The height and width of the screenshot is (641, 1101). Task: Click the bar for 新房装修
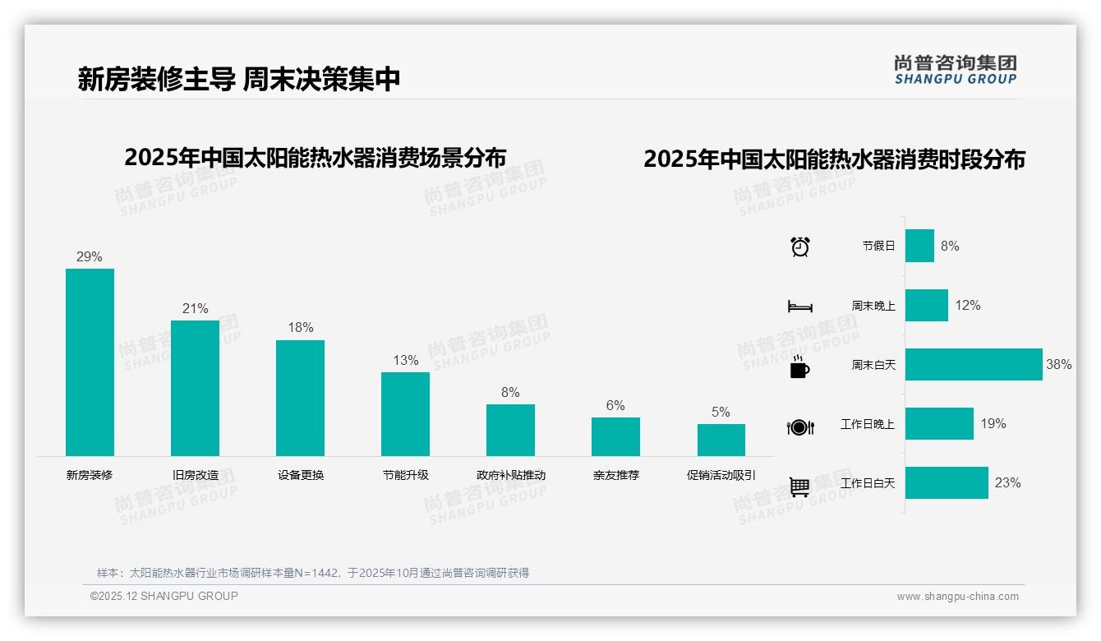90,362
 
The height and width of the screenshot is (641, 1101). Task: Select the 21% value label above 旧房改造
195,309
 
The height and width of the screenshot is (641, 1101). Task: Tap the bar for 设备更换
300,398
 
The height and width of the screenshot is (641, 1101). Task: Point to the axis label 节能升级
405,475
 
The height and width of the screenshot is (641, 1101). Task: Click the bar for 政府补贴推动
510,430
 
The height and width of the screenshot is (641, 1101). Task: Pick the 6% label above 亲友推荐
615,405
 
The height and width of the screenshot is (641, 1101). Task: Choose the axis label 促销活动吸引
721,475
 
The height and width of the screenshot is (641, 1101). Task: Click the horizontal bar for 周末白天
974,364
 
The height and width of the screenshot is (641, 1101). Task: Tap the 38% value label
1058,364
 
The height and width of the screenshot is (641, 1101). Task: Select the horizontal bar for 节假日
919,246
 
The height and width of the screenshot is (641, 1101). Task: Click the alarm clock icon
799,247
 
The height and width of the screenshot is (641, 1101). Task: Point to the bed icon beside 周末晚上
799,307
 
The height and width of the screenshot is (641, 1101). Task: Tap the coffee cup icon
799,367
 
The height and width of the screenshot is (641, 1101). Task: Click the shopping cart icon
799,487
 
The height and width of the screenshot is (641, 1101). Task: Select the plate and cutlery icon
799,427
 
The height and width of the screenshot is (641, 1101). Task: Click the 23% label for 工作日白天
1007,483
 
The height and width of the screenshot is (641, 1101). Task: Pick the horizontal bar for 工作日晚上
939,423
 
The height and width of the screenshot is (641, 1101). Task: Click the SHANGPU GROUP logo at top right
955,70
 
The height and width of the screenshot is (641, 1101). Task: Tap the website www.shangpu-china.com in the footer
957,597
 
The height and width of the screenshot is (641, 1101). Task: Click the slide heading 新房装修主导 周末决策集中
239,79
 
